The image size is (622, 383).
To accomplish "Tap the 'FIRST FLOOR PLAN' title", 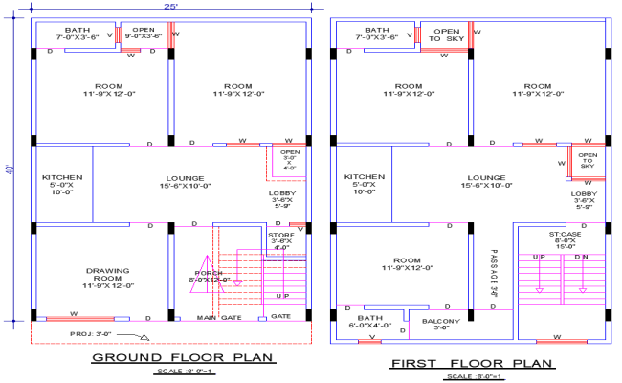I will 472,363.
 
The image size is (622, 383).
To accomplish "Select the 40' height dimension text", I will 11,169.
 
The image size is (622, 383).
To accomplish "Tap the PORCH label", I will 210,276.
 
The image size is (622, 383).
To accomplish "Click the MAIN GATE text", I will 219,317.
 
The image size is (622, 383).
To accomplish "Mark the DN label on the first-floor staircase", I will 581,258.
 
